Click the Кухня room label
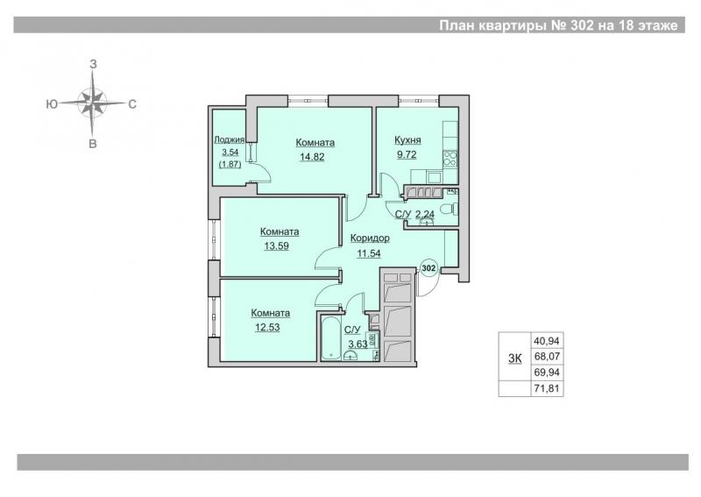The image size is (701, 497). click(x=407, y=140)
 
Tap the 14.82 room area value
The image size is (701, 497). click(x=312, y=157)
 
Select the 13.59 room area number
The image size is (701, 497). click(x=276, y=246)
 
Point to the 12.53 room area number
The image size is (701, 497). click(x=267, y=328)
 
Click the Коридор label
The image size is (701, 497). click(x=370, y=238)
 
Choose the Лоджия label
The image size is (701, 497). click(x=230, y=139)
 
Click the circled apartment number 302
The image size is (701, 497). click(x=428, y=268)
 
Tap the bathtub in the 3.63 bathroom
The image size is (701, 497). click(x=331, y=338)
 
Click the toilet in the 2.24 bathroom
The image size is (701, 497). click(x=449, y=209)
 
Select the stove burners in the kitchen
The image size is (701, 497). click(x=450, y=159)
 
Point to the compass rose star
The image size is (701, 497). click(x=93, y=103)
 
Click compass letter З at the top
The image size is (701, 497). click(x=93, y=64)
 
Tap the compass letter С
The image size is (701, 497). click(x=132, y=104)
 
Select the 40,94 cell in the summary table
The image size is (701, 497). click(x=546, y=341)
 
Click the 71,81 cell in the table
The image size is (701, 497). click(x=546, y=388)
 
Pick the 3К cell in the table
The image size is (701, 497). click(x=514, y=357)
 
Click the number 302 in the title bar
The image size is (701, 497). click(x=582, y=25)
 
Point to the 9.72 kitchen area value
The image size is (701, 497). click(x=407, y=155)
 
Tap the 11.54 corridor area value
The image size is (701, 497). click(x=369, y=253)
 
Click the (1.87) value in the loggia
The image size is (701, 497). click(x=230, y=164)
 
